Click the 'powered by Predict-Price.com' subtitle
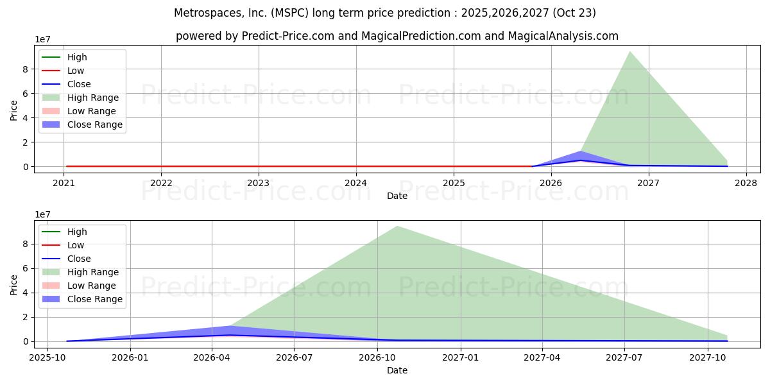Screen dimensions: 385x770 [x=397, y=36]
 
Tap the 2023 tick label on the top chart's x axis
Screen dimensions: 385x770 [x=259, y=182]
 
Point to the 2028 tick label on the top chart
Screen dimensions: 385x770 [x=746, y=182]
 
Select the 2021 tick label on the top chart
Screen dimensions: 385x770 [x=64, y=182]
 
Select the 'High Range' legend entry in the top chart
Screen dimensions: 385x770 [x=92, y=98]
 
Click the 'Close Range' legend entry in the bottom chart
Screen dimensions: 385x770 [x=94, y=299]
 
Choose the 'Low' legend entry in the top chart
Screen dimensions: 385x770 [x=76, y=71]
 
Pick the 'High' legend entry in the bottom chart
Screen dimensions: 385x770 [x=77, y=232]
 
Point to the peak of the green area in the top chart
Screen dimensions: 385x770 [x=629, y=52]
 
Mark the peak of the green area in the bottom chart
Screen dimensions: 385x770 [x=397, y=227]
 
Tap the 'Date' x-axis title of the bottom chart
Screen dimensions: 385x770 [x=397, y=370]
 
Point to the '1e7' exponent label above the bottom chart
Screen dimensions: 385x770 [x=42, y=214]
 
